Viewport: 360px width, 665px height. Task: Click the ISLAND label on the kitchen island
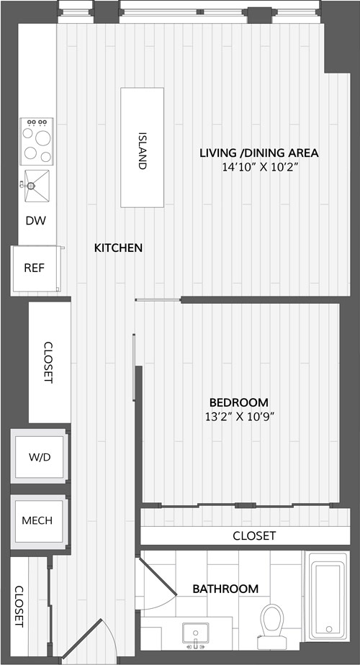(x=143, y=151)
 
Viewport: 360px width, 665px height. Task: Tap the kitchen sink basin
(x=37, y=186)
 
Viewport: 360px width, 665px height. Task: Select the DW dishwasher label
(x=36, y=220)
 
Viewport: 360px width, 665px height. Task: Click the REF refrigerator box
(x=37, y=268)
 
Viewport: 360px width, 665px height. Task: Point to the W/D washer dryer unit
(x=40, y=456)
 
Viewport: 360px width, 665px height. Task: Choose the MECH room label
(x=37, y=520)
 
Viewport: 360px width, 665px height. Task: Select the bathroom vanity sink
(x=195, y=633)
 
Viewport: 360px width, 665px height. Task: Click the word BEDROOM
(x=239, y=402)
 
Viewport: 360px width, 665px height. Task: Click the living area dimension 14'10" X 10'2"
(x=258, y=167)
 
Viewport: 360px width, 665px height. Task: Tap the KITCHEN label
(x=118, y=248)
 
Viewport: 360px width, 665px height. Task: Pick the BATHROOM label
(x=225, y=589)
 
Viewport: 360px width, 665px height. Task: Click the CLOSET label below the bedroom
(x=254, y=535)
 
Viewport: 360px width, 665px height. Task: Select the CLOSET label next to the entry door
(x=19, y=607)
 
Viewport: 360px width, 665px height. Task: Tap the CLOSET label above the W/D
(x=48, y=362)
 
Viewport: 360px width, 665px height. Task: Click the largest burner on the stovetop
(x=43, y=138)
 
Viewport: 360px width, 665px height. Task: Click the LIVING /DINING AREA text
(x=259, y=153)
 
